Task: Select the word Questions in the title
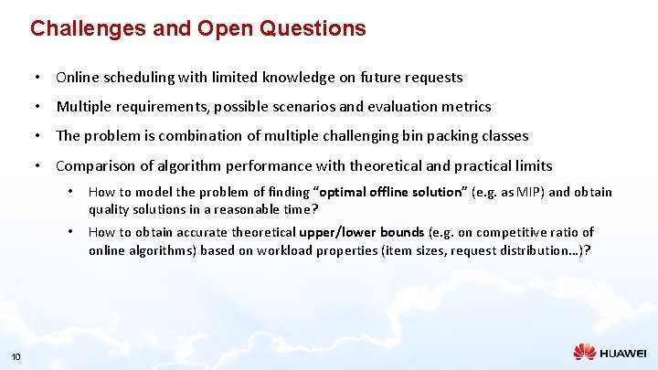pos(313,28)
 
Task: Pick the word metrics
pos(466,107)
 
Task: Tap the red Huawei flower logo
pos(585,352)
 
